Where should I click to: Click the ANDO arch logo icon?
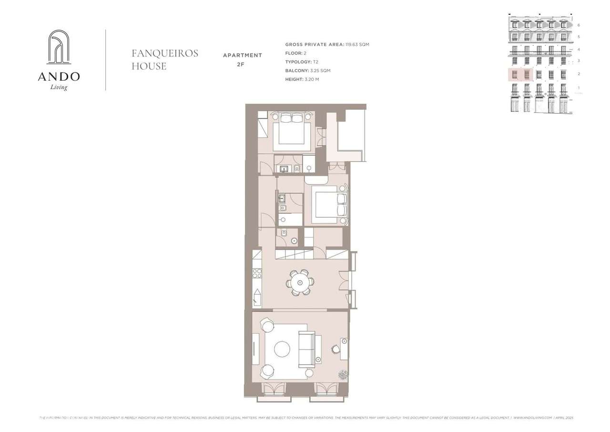59,47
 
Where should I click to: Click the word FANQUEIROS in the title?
165,53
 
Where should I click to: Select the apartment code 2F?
243,64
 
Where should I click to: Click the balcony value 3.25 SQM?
317,71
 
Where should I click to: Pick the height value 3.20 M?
312,79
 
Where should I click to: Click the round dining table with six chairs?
300,283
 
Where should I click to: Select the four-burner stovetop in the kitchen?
257,273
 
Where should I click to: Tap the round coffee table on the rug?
282,349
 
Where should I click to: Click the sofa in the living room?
306,348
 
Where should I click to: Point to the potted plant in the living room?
343,375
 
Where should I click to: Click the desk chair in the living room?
336,349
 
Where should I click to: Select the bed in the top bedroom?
291,130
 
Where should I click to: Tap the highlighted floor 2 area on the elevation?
520,74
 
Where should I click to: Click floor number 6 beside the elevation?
579,25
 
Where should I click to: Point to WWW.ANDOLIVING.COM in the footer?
532,418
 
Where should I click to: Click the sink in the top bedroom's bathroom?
285,168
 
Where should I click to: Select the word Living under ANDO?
59,87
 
